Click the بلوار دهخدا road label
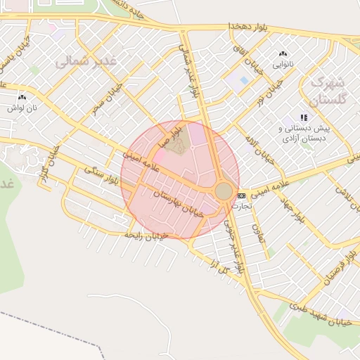249,27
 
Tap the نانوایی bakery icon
283,53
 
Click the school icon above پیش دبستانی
303,117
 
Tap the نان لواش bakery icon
22,98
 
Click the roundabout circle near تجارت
224,191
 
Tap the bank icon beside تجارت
242,195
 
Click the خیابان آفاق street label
255,62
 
